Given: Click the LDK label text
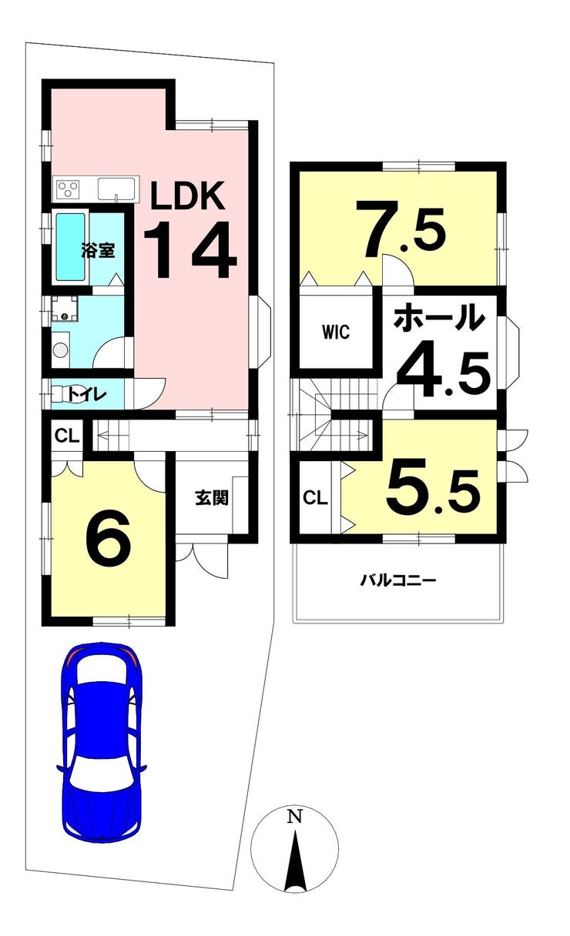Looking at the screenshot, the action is pyautogui.click(x=188, y=196).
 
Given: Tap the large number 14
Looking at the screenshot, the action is pyautogui.click(x=190, y=249).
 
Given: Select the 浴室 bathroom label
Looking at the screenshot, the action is pyautogui.click(x=99, y=250).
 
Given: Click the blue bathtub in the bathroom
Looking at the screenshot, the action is pyautogui.click(x=71, y=247).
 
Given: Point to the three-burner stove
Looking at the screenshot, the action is pyautogui.click(x=68, y=189).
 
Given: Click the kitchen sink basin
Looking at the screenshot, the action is pyautogui.click(x=116, y=189).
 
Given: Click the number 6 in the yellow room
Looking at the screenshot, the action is pyautogui.click(x=109, y=538).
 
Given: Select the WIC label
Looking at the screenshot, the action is pyautogui.click(x=336, y=333).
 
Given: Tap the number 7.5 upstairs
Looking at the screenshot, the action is pyautogui.click(x=404, y=229).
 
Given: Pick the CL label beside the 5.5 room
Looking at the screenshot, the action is pyautogui.click(x=315, y=498).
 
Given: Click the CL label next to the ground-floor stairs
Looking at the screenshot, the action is pyautogui.click(x=67, y=436).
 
